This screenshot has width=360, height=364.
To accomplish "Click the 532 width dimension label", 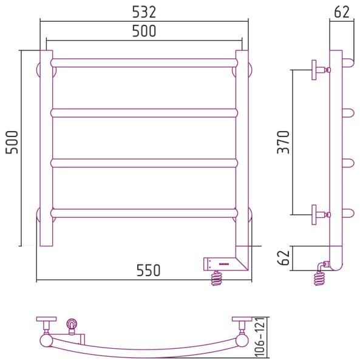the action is point(144,12).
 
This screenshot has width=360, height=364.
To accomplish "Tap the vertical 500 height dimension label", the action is point(12,143).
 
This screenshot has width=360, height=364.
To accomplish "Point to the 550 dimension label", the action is point(148,270).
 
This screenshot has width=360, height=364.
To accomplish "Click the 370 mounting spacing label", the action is point(284,143).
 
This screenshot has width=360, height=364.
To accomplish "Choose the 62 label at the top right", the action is point(342,12).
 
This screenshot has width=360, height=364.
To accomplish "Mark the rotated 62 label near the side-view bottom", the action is point(284,258).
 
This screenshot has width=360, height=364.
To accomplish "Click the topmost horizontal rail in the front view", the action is point(144,63).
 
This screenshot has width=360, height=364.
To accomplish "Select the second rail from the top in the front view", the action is point(144,113).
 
